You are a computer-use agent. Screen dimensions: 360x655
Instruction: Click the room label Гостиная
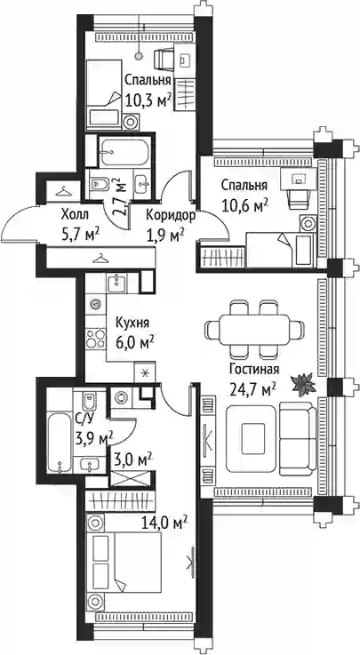click(254, 370)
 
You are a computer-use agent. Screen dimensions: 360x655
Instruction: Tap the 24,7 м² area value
click(252, 389)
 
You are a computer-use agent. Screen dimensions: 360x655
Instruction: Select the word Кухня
click(132, 323)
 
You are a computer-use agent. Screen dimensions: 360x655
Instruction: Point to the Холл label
click(75, 215)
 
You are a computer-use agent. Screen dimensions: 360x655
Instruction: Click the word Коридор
click(171, 216)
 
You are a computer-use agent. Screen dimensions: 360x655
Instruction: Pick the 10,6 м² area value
click(244, 205)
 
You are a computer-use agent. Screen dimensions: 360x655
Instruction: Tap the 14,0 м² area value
click(164, 523)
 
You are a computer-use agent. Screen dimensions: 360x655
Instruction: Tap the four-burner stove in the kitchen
click(96, 339)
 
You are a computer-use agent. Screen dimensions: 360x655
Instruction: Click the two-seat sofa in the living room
click(297, 438)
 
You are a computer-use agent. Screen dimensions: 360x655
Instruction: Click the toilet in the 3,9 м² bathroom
click(89, 402)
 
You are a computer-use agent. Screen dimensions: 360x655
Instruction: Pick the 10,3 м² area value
click(148, 100)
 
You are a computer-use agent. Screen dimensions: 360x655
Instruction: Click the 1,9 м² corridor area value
click(164, 236)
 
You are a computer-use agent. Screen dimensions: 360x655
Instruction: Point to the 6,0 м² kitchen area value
click(134, 344)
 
